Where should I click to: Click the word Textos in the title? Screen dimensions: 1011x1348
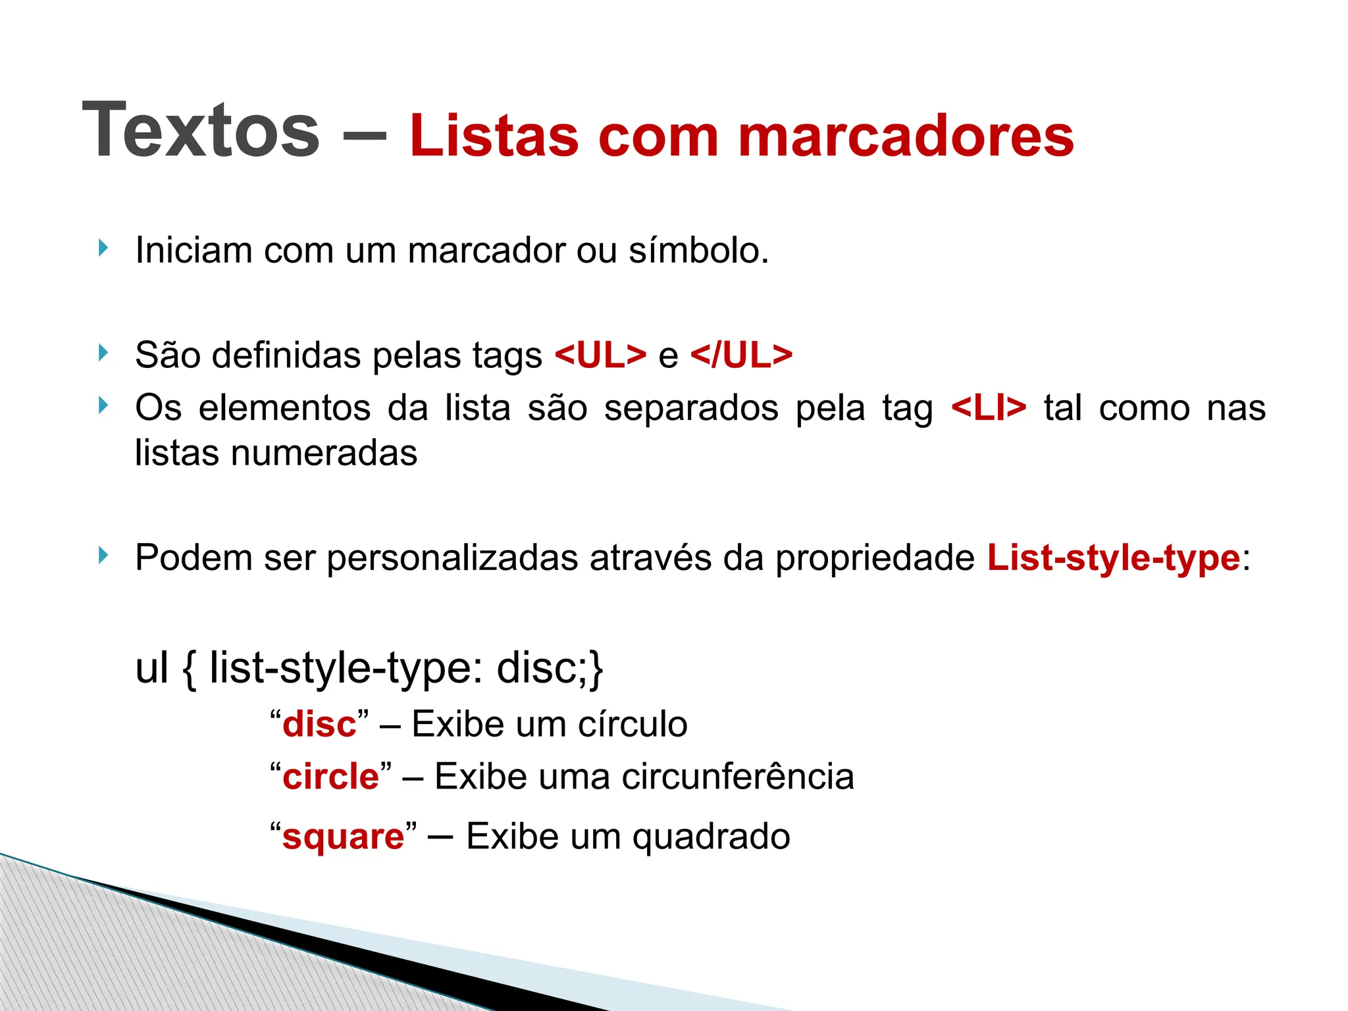[x=201, y=130]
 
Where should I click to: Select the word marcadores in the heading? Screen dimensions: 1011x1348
[x=906, y=136]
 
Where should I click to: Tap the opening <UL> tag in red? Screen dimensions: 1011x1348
[x=600, y=355]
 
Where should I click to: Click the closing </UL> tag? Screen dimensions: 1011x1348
[x=741, y=355]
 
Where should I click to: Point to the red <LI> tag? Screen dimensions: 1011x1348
[x=989, y=407]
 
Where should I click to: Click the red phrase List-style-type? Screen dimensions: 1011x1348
[x=1114, y=557]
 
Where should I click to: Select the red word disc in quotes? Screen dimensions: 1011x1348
[x=319, y=724]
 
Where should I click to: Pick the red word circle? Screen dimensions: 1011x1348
[x=331, y=777]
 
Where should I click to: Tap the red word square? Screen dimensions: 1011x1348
[x=343, y=837]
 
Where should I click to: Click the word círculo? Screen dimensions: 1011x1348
[x=633, y=724]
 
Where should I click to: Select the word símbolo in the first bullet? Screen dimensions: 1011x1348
[x=698, y=250]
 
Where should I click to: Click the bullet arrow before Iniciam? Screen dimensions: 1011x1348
[x=102, y=248]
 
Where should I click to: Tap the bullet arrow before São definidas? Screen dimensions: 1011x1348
[x=102, y=353]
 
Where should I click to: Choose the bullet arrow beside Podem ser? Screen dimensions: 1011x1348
[x=102, y=556]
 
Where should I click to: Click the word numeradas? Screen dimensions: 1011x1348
[x=324, y=453]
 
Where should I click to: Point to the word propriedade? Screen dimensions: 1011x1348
[x=875, y=558]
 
